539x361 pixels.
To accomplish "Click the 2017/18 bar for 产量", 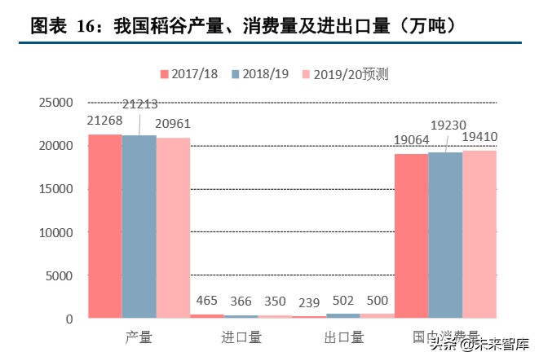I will [x=105, y=226].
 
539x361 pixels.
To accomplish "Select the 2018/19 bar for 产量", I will [x=139, y=227].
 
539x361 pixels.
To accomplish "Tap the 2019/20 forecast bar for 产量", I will [x=173, y=227].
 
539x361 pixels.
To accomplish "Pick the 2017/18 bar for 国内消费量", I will [x=411, y=236].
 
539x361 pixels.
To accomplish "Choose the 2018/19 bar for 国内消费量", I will [x=445, y=235].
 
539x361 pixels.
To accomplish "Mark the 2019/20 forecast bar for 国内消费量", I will [x=479, y=234].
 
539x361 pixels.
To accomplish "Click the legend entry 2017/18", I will [x=189, y=74].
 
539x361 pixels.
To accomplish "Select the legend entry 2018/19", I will [x=261, y=74].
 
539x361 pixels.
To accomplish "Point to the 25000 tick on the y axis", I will [x=55, y=103].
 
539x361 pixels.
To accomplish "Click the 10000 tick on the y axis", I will [x=55, y=232].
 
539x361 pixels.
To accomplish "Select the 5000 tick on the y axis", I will [x=59, y=275].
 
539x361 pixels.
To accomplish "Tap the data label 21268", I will [x=104, y=121].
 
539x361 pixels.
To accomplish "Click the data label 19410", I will [x=479, y=136].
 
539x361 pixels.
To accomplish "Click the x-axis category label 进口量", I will [x=241, y=336].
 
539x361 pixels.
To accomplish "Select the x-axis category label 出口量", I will [x=343, y=336].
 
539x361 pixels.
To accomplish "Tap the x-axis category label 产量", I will [x=139, y=336].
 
